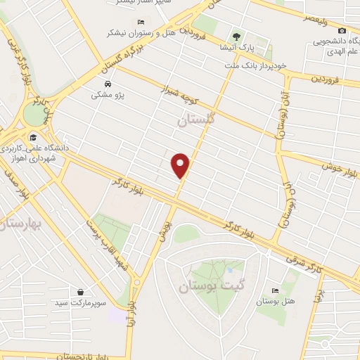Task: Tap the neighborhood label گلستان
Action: point(194,121)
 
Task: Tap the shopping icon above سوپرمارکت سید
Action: point(82,292)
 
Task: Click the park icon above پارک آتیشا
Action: point(237,36)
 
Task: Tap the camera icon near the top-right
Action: point(342,30)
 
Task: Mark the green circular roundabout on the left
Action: point(32,112)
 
